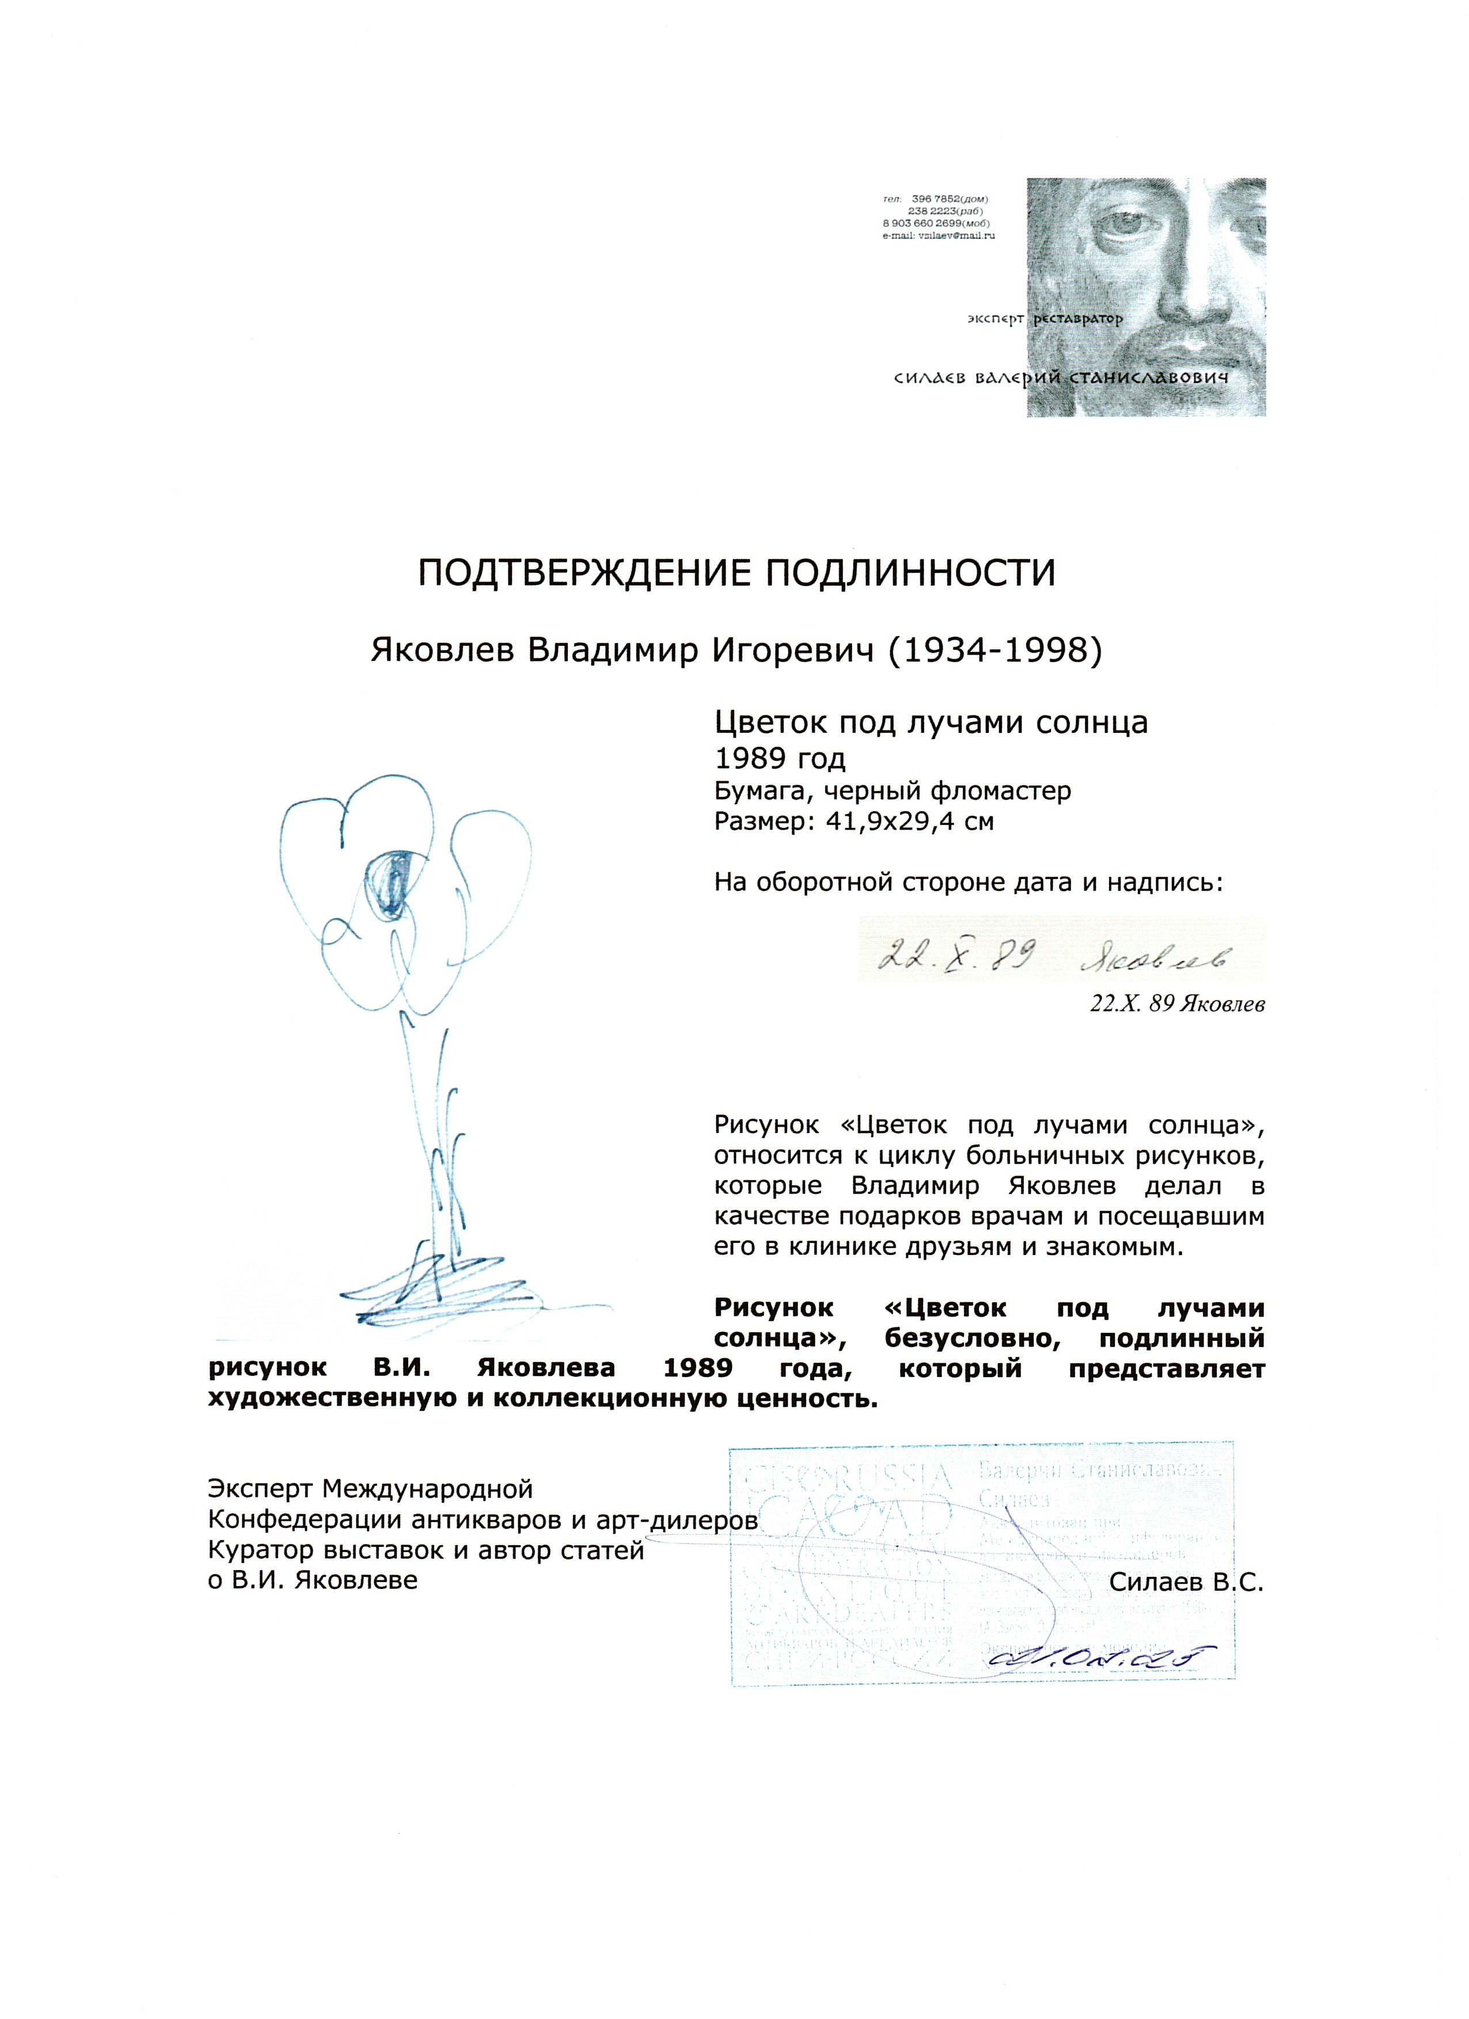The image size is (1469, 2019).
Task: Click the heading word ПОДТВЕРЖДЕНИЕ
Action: click(574, 572)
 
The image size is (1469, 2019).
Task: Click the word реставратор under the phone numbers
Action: click(1076, 318)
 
